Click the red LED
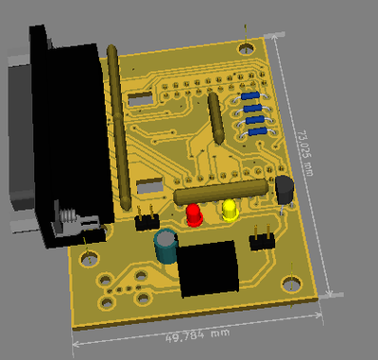click(194, 215)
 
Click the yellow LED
click(231, 210)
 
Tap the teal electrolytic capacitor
click(165, 246)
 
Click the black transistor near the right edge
click(284, 190)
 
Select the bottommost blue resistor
click(258, 131)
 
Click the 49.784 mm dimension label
click(198, 335)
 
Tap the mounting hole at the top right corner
click(246, 49)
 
